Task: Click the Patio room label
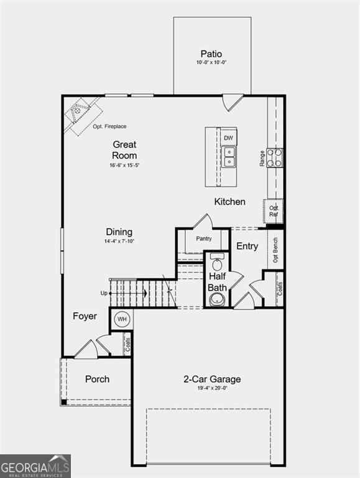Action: pos(211,54)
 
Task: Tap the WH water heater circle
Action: pos(122,319)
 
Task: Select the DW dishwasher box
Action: pos(228,138)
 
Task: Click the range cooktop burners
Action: pos(275,157)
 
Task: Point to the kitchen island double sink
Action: pos(228,157)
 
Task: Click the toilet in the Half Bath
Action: pos(217,262)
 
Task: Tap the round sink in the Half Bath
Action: pos(217,299)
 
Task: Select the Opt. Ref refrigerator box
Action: pos(274,211)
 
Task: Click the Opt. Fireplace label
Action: pos(109,126)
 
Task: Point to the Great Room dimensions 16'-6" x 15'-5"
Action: pos(124,165)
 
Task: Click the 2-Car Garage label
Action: pos(212,379)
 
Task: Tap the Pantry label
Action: pos(204,239)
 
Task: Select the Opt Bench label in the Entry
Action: pos(275,250)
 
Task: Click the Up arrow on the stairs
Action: pos(128,293)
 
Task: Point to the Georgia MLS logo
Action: pos(35,466)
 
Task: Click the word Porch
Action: pos(97,379)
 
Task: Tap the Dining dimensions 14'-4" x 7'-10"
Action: pos(119,241)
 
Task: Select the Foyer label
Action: pos(85,316)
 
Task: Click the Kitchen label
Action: pos(229,202)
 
